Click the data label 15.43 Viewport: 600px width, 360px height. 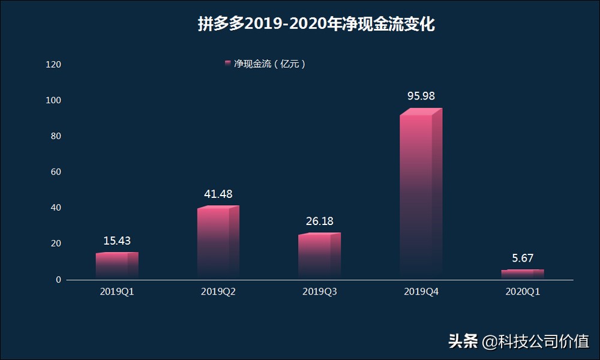[x=117, y=241]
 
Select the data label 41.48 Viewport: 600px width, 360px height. [x=218, y=194]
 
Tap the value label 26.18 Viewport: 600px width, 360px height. [x=319, y=221]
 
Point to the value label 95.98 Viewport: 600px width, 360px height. [x=421, y=96]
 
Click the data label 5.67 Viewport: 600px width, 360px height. [x=522, y=258]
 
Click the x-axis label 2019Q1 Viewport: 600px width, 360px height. [x=117, y=292]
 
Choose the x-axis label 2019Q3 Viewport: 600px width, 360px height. [x=319, y=292]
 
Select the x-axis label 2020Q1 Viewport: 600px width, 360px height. [x=522, y=292]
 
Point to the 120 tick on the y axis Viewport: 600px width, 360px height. [x=54, y=64]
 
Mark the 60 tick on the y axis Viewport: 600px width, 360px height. [x=56, y=172]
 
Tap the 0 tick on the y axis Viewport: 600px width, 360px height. [x=58, y=280]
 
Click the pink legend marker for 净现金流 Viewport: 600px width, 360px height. [x=228, y=64]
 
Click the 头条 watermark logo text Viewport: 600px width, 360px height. [x=463, y=341]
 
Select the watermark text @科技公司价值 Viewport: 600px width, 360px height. [x=536, y=341]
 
